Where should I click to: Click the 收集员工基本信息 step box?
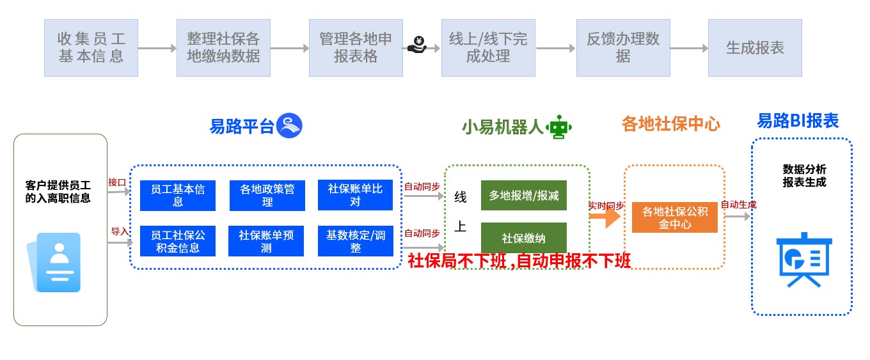pyautogui.click(x=91, y=48)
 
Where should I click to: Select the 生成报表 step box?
pyautogui.click(x=755, y=48)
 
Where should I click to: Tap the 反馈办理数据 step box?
pyautogui.click(x=623, y=48)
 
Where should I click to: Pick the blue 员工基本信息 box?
pyautogui.click(x=178, y=196)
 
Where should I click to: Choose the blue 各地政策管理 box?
pyautogui.click(x=267, y=196)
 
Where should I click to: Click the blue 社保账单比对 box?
pyautogui.click(x=355, y=196)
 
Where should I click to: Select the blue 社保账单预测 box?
pyautogui.click(x=267, y=241)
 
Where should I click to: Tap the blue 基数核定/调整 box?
pyautogui.click(x=355, y=241)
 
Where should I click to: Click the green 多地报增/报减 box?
pyautogui.click(x=524, y=196)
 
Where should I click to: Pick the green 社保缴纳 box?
pyautogui.click(x=524, y=238)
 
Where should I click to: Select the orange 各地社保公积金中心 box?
pyautogui.click(x=675, y=217)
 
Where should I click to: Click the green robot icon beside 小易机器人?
pyautogui.click(x=560, y=127)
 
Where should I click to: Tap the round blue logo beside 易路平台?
pyautogui.click(x=289, y=125)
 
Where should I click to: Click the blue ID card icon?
pyautogui.click(x=58, y=262)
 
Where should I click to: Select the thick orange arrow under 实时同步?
pyautogui.click(x=605, y=217)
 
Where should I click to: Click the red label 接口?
pyautogui.click(x=117, y=182)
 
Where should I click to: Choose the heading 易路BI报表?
pyautogui.click(x=798, y=121)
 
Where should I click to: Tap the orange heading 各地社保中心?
pyautogui.click(x=670, y=124)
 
